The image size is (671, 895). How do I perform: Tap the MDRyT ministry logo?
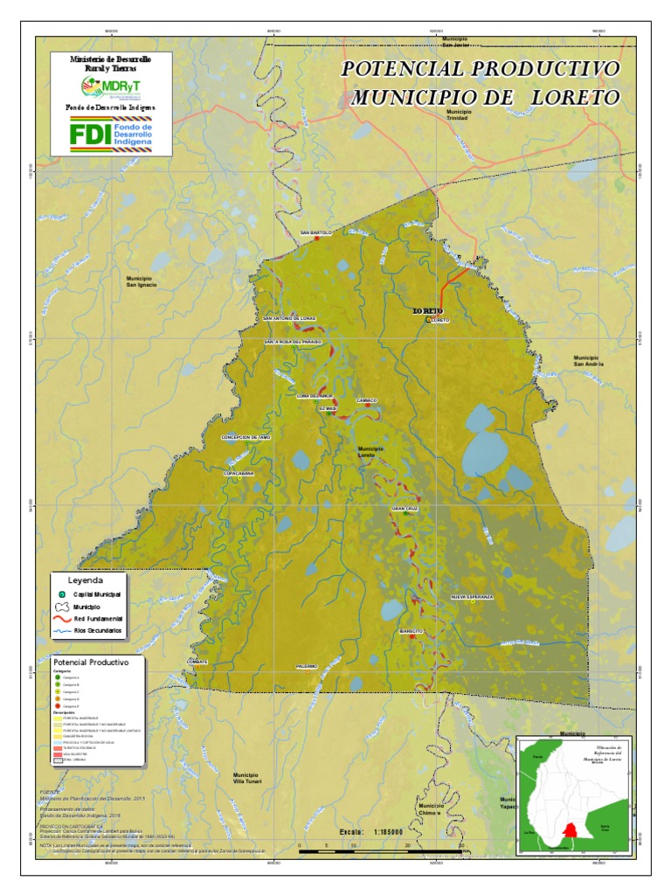pyautogui.click(x=111, y=87)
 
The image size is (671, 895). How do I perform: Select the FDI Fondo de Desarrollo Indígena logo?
pyautogui.click(x=111, y=135)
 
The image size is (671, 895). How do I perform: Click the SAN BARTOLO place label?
pyautogui.click(x=316, y=233)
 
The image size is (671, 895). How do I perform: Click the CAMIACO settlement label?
pyautogui.click(x=367, y=400)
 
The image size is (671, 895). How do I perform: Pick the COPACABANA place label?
pyautogui.click(x=239, y=473)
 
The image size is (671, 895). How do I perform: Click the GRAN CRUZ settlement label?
pyautogui.click(x=405, y=508)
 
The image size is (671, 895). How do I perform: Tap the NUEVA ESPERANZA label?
pyautogui.click(x=472, y=596)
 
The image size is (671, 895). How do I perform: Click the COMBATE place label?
pyautogui.click(x=197, y=662)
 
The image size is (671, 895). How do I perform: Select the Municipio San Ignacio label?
pyautogui.click(x=141, y=281)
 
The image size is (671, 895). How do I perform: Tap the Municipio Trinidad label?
pyautogui.click(x=458, y=115)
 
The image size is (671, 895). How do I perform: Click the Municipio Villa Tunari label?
pyautogui.click(x=246, y=778)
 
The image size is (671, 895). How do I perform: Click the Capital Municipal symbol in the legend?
pyautogui.click(x=62, y=593)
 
